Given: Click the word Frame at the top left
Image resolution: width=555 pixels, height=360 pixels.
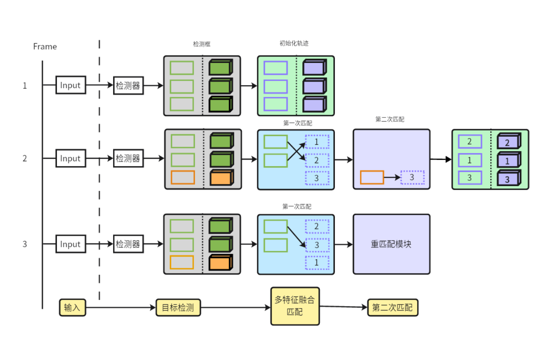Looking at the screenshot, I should [45, 46].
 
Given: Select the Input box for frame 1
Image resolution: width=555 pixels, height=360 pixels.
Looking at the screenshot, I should [71, 85].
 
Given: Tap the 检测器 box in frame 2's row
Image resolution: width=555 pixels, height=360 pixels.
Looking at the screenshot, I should [128, 159].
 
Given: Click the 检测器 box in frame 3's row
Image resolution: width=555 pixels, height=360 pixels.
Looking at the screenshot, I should [128, 244].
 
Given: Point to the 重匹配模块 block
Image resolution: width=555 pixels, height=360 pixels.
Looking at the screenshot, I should [391, 244].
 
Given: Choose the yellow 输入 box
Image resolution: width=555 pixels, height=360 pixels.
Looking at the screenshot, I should [72, 308].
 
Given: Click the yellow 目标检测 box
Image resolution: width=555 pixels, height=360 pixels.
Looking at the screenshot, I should [178, 308].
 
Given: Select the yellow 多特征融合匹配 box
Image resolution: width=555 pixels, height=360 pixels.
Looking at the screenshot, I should [295, 306].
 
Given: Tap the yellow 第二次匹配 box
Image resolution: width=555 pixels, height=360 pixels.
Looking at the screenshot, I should [392, 308].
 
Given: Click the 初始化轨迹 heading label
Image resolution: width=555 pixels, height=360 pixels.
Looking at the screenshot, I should [294, 43].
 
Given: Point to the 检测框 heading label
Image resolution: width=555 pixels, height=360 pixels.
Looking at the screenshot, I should [202, 44].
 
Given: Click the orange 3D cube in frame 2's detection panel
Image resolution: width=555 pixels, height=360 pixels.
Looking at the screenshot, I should [221, 178].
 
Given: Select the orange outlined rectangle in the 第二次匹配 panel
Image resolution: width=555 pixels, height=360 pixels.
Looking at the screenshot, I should [372, 177].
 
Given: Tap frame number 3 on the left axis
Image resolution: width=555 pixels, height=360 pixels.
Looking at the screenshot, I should [25, 244].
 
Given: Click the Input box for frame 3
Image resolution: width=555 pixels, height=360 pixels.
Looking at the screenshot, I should [71, 244].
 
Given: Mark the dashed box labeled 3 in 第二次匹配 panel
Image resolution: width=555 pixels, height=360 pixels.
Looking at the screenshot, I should [412, 177].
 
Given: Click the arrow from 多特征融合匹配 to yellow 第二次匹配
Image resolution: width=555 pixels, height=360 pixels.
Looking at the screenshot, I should [343, 307].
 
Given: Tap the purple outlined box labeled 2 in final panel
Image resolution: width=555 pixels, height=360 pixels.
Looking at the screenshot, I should [470, 141].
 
